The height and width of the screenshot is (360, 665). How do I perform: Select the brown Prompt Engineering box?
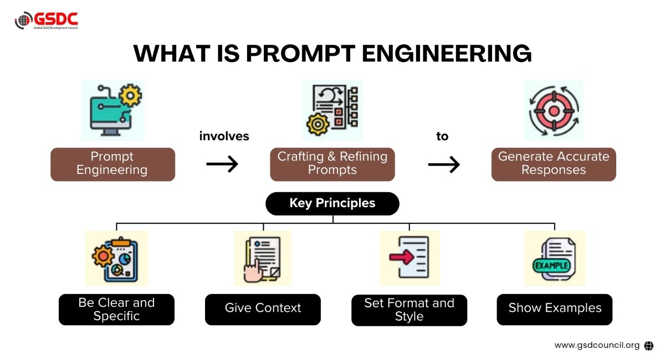pos(112,164)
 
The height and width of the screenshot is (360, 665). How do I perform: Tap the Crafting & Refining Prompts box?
pos(332,164)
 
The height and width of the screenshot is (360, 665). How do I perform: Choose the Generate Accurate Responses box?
pos(554,164)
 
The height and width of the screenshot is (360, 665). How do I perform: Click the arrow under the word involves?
pos(222,163)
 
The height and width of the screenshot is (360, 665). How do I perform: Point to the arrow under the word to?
pos(444,164)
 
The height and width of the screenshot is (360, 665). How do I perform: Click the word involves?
pos(224,136)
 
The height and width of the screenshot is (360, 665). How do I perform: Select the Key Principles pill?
pos(332,203)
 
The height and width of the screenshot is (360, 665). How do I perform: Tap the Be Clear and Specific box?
pos(116,310)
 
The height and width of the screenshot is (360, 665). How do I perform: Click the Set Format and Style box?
pos(409,310)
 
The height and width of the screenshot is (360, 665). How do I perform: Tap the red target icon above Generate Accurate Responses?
pos(553,110)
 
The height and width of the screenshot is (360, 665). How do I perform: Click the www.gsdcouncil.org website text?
pos(597,345)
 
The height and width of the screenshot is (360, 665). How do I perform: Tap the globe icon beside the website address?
pos(649,346)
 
